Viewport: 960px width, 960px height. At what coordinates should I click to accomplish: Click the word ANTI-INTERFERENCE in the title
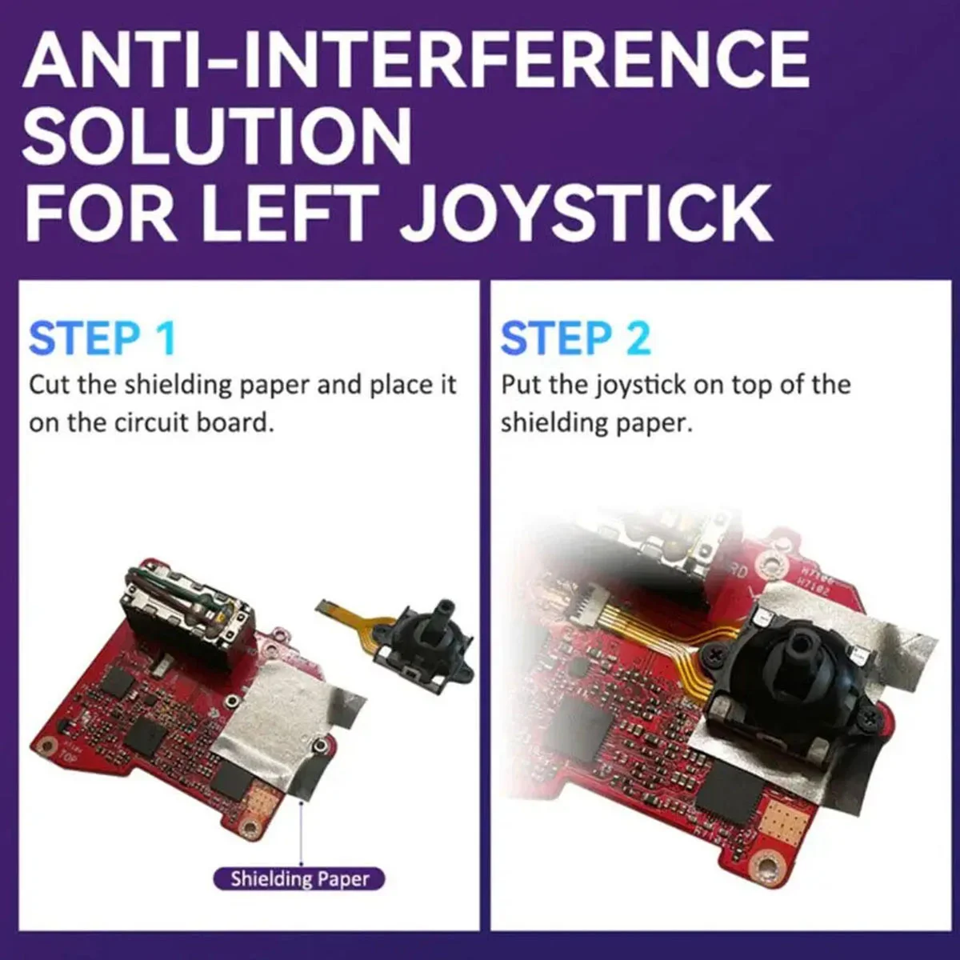pos(416,60)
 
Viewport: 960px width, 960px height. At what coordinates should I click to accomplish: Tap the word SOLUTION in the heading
pos(218,136)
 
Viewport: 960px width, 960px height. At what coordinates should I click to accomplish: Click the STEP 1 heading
pos(102,338)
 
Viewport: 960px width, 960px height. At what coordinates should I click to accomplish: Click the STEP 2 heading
pos(575,338)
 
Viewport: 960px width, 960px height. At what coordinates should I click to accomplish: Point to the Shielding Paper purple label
pos(299,879)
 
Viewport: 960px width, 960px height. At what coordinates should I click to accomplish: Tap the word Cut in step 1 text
pos(50,385)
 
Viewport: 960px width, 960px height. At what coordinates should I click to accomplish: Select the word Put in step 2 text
pos(522,385)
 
